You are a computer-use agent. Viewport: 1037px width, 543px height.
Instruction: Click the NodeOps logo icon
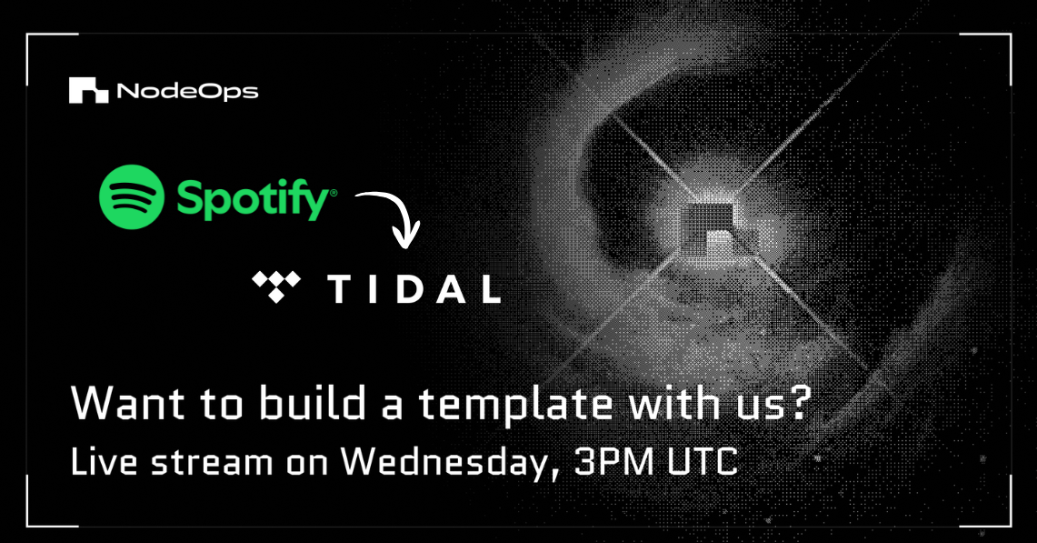88,91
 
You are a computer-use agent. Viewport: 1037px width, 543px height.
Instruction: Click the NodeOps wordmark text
187,92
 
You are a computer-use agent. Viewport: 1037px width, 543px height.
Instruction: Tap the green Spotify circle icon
132,196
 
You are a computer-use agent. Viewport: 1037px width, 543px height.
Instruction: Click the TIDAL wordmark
414,288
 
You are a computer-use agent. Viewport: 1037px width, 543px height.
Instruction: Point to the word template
496,405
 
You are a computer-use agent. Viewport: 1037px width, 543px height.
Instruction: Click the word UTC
704,461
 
